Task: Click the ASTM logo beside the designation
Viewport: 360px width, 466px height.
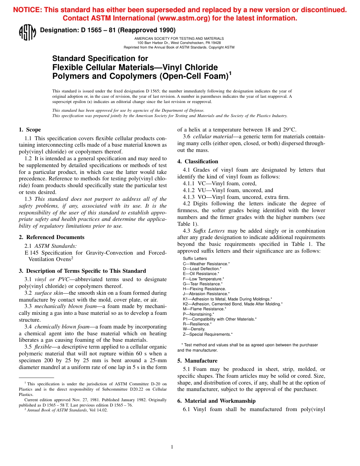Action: coord(27,33)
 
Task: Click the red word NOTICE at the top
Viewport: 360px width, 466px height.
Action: coord(28,10)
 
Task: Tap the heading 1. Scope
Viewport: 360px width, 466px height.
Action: coord(30,130)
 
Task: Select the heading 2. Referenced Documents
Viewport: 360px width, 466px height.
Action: coord(52,237)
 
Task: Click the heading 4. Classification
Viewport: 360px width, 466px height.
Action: coord(197,161)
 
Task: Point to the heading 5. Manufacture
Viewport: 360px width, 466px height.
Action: coord(197,361)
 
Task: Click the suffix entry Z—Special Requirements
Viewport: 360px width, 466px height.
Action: coord(207,334)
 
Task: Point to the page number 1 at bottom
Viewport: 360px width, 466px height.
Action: coord(172,447)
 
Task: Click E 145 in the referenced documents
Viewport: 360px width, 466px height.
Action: coord(32,253)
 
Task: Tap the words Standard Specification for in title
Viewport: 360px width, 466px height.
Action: coord(100,58)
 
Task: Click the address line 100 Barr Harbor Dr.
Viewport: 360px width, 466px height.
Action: coord(179,43)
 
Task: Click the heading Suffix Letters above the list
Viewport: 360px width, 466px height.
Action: coord(195,258)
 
